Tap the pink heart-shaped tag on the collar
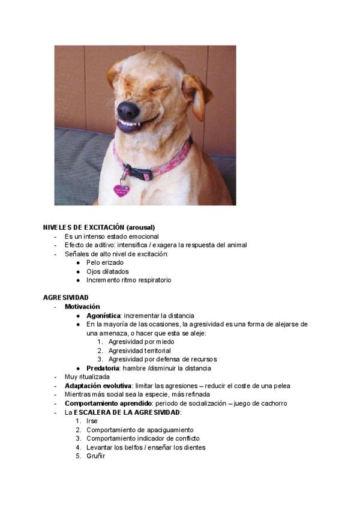pyautogui.click(x=121, y=190)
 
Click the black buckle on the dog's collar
pyautogui.click(x=139, y=173)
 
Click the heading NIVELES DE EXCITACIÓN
pyautogui.click(x=80, y=227)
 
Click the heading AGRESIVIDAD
pyautogui.click(x=66, y=298)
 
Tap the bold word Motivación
pyautogui.click(x=82, y=307)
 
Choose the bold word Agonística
pyautogui.click(x=103, y=315)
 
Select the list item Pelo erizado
pyautogui.click(x=105, y=262)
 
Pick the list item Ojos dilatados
pyautogui.click(x=107, y=271)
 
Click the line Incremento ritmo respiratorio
pyautogui.click(x=128, y=280)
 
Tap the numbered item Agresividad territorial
pyautogui.click(x=139, y=351)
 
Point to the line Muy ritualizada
pyautogui.click(x=87, y=377)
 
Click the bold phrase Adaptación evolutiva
pyautogui.click(x=98, y=385)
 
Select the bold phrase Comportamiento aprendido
pyautogui.click(x=108, y=403)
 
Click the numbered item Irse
pyautogui.click(x=92, y=421)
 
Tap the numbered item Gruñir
pyautogui.click(x=95, y=456)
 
